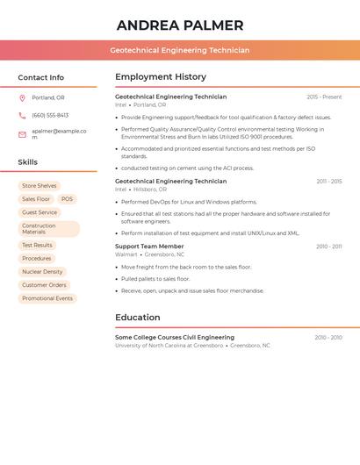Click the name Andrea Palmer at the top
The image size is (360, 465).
pos(180,25)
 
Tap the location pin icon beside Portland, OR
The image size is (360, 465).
pos(22,97)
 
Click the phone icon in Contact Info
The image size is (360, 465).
pos(22,115)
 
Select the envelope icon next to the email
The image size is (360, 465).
pos(22,134)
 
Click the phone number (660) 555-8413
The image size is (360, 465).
pos(50,115)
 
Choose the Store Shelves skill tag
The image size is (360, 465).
pos(40,186)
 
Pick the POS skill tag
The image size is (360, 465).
pos(67,199)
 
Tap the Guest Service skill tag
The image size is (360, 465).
pos(40,212)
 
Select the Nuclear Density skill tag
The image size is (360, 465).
pos(42,272)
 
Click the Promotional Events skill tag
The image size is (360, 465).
pos(47,298)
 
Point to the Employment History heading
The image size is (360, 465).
pos(161,77)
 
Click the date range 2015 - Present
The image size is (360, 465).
pos(324,97)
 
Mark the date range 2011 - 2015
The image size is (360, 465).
pos(329,182)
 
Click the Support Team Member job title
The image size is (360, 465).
pos(149,247)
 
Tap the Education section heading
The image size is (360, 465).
pos(138,318)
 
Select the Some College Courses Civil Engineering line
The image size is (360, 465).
pos(175,337)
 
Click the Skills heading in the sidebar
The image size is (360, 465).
pos(28,162)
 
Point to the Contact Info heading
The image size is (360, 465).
pos(41,77)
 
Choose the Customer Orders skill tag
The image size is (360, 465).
pos(44,285)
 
